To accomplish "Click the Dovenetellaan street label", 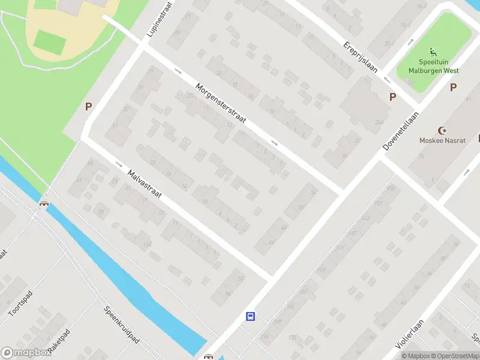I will [401, 131].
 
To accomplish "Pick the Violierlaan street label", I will [410, 334].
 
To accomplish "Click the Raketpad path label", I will [60, 342].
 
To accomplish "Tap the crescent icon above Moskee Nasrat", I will [443, 130].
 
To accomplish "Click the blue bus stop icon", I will [251, 317].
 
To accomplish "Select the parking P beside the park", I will [88, 107].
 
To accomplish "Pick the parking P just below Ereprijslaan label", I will [393, 97].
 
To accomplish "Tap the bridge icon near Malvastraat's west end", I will [44, 203].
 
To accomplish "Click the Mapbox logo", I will [27, 353].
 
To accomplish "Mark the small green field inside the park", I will [49, 41].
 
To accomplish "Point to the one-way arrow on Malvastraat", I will [119, 164].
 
